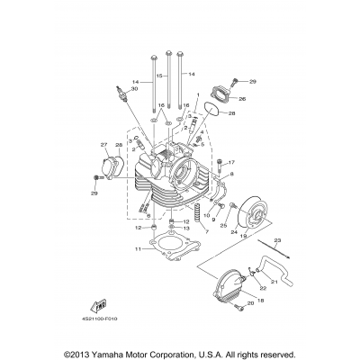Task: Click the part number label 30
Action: pos(135,89)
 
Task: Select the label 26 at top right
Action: pos(242,99)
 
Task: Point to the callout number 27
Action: pos(103,145)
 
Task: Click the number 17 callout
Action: pos(229,162)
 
